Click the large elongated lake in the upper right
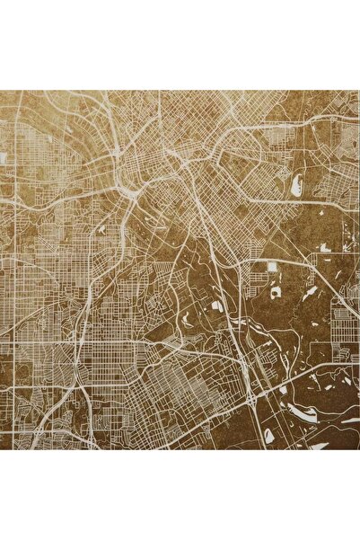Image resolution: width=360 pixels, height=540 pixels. [295, 185]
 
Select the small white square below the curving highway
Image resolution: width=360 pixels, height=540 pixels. [271, 267]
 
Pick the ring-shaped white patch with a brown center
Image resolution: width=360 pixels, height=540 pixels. [277, 292]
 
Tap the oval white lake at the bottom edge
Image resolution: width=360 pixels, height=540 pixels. [268, 436]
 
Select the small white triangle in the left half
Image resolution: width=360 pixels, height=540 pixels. [101, 230]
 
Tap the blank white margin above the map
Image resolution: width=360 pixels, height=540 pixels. [180, 45]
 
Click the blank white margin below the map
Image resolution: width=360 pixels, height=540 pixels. [180, 494]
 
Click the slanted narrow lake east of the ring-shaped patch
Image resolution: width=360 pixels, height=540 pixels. [310, 292]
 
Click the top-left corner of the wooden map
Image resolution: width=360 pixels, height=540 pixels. [1, 91]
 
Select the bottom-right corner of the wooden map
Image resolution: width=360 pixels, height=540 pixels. [358, 448]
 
